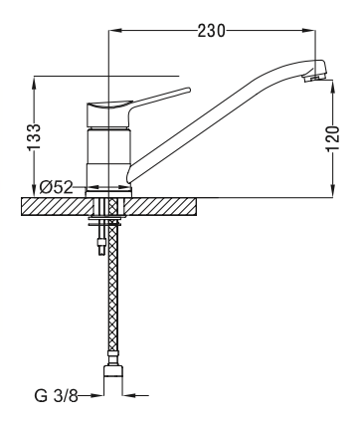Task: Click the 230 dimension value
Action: tap(211, 31)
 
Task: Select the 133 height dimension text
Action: tap(34, 136)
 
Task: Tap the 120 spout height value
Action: tap(333, 138)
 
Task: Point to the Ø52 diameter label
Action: tap(56, 187)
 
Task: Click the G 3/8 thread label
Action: tap(56, 395)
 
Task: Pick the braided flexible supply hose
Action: tap(113, 286)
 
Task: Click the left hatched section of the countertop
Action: tap(56, 206)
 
